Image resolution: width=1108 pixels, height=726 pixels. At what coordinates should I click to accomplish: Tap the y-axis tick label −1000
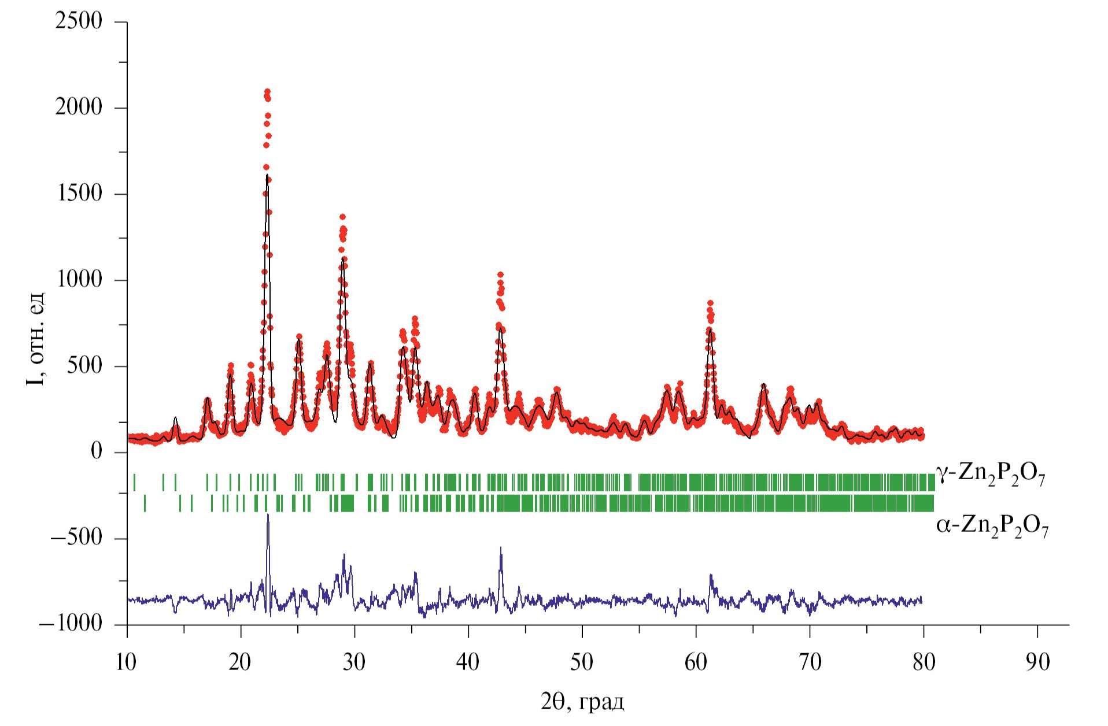point(71,624)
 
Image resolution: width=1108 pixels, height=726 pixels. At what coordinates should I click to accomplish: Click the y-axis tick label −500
point(76,538)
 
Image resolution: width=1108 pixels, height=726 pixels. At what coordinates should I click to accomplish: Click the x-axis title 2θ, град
point(582,702)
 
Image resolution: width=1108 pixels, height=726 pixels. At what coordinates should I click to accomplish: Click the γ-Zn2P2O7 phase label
point(991,476)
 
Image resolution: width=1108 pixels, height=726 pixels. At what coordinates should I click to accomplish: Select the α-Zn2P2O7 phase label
point(992,527)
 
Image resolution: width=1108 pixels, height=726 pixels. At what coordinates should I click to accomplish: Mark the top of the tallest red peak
point(267,92)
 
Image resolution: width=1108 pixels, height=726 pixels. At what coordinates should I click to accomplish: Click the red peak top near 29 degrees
point(342,217)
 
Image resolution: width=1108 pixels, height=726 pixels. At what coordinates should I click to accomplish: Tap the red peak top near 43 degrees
point(500,275)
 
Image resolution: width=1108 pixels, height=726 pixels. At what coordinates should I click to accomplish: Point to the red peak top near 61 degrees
point(710,303)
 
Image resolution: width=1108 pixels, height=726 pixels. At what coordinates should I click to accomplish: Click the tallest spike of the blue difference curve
point(268,515)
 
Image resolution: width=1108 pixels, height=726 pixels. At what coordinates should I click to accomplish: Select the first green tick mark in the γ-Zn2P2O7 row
point(134,482)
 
